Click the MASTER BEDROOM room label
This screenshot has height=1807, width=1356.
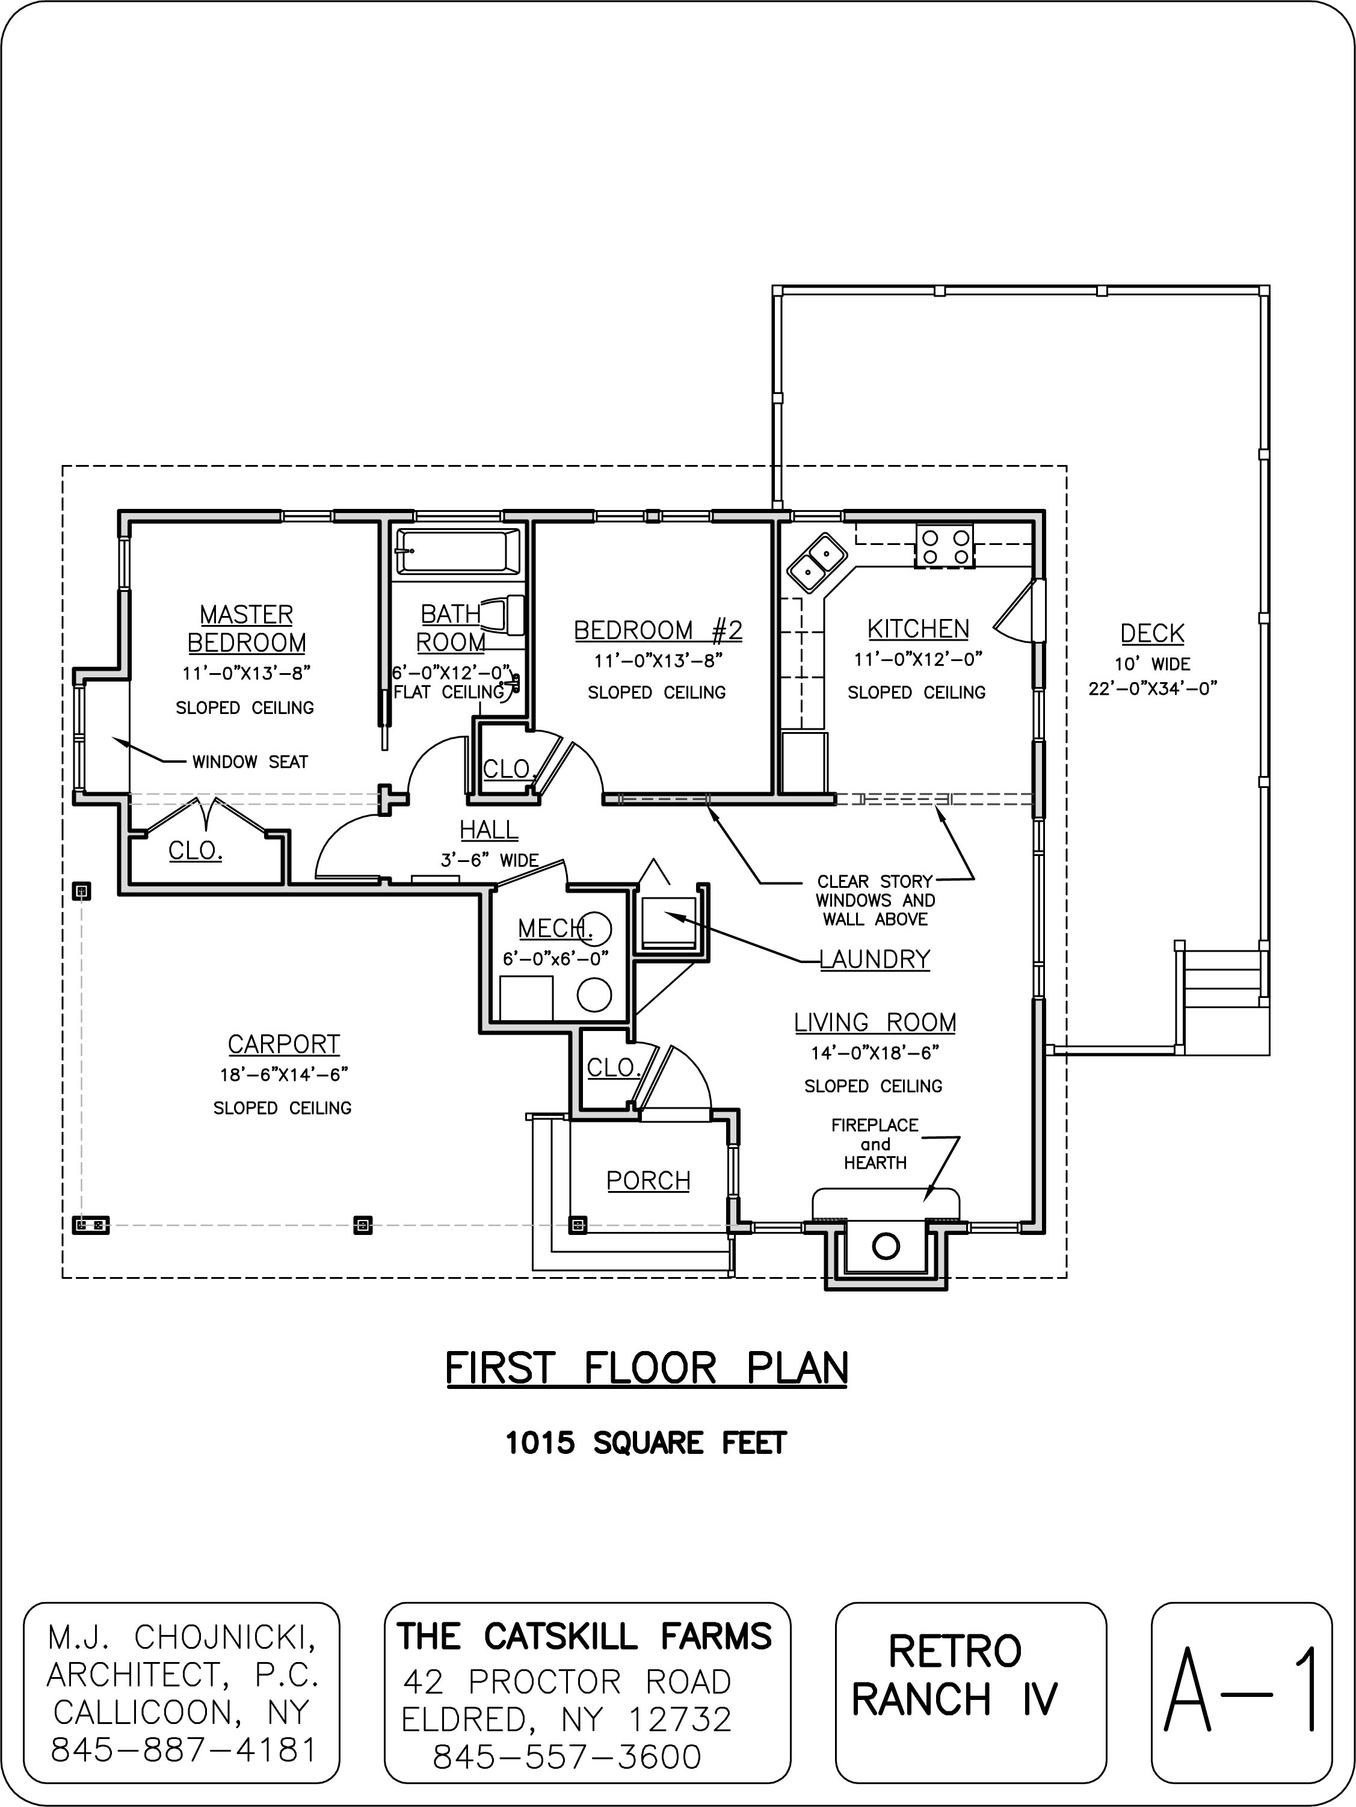[247, 628]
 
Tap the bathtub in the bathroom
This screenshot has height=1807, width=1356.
[457, 552]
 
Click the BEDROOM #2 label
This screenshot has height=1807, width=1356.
[658, 630]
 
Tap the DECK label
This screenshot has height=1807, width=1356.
[1152, 633]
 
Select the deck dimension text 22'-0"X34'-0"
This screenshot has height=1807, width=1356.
[1153, 688]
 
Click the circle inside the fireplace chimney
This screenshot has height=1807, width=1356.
[886, 1246]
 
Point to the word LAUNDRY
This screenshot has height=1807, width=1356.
[875, 958]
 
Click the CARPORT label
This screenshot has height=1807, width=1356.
[283, 1044]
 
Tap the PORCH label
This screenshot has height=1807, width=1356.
[649, 1180]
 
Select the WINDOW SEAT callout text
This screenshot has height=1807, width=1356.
[250, 762]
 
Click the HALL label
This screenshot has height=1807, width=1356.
[488, 830]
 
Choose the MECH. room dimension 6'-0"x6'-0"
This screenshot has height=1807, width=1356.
[555, 958]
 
